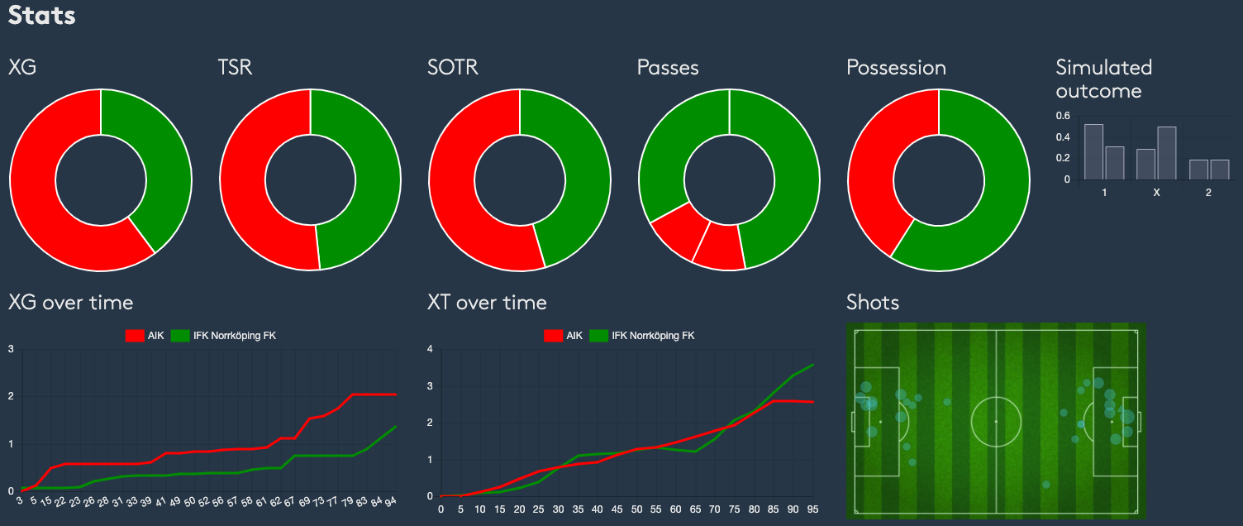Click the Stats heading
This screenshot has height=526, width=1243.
pyautogui.click(x=41, y=15)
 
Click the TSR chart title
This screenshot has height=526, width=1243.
pyautogui.click(x=235, y=67)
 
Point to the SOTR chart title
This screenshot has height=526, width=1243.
pyautogui.click(x=452, y=67)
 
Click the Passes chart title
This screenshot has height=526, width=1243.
pyautogui.click(x=668, y=67)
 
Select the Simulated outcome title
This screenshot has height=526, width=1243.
pyautogui.click(x=1103, y=79)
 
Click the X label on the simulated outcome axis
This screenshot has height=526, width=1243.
pyautogui.click(x=1156, y=193)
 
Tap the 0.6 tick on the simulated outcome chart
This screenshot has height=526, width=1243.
pyautogui.click(x=1063, y=116)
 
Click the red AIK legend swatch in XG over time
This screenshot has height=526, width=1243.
pyautogui.click(x=134, y=336)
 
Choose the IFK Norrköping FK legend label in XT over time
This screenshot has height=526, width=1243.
pyautogui.click(x=653, y=336)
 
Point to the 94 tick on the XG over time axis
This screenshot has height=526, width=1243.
pyautogui.click(x=391, y=501)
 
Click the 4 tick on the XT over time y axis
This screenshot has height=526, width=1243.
pyautogui.click(x=430, y=349)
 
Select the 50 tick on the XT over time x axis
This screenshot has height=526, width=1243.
pyautogui.click(x=636, y=509)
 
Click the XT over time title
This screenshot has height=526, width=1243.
pyautogui.click(x=487, y=302)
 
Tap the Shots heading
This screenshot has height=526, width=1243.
pyautogui.click(x=872, y=302)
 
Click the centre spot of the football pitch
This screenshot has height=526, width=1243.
pyautogui.click(x=996, y=422)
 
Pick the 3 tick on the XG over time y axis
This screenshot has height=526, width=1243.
pyautogui.click(x=11, y=349)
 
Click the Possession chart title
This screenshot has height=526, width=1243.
pyautogui.click(x=896, y=67)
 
